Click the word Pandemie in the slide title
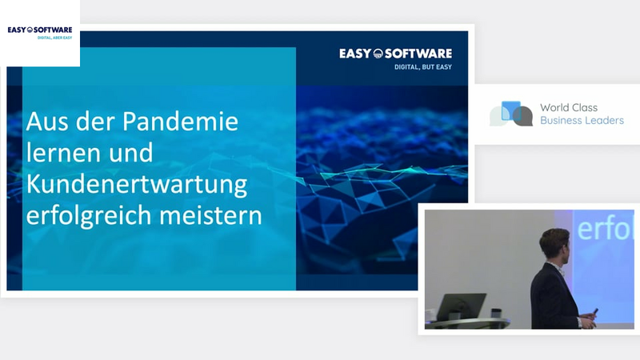(x=180, y=122)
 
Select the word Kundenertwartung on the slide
(x=137, y=185)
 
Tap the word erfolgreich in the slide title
(x=89, y=215)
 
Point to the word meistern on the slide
(x=210, y=215)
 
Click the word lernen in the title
(x=63, y=153)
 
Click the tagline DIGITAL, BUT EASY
(x=423, y=67)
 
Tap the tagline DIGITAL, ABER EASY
(x=54, y=38)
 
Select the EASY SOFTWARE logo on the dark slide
(x=395, y=54)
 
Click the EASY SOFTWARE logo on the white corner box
(x=40, y=30)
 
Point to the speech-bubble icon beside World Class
(x=511, y=114)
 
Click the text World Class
(x=569, y=107)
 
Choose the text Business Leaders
(x=582, y=121)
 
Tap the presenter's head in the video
(x=555, y=246)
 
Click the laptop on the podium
(x=461, y=306)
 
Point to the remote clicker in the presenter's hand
(x=594, y=313)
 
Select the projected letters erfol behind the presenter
(x=606, y=229)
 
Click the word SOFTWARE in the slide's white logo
(x=418, y=54)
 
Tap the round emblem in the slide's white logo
(x=378, y=54)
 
